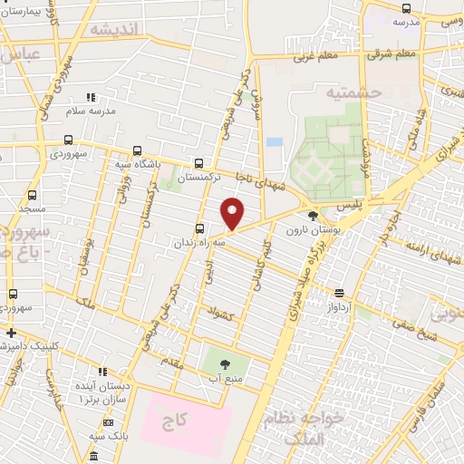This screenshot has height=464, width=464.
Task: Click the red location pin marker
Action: pyautogui.click(x=233, y=214)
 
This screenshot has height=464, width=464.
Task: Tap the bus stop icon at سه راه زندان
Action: pyautogui.click(x=199, y=228)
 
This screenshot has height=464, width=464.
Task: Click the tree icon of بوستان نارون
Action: pyautogui.click(x=313, y=216)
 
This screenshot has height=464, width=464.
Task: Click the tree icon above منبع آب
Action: pyautogui.click(x=224, y=363)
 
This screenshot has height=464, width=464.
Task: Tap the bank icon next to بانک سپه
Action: pyautogui.click(x=108, y=422)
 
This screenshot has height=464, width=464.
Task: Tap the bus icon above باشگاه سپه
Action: pyautogui.click(x=137, y=151)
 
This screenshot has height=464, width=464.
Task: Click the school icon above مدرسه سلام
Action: pyautogui.click(x=89, y=97)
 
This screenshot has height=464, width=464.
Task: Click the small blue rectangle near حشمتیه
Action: pyautogui.click(x=275, y=143)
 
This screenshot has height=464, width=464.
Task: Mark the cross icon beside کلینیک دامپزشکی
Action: pyautogui.click(x=10, y=333)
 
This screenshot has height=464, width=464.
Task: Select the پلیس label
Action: pyautogui.click(x=349, y=206)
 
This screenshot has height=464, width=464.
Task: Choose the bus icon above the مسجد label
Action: pyautogui.click(x=33, y=195)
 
